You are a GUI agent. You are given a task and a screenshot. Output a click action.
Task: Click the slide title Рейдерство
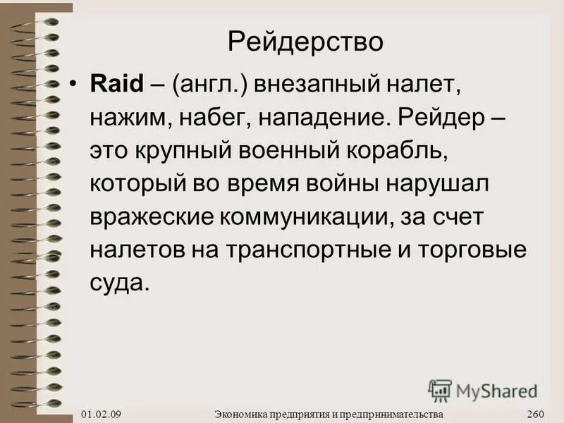[306, 42]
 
